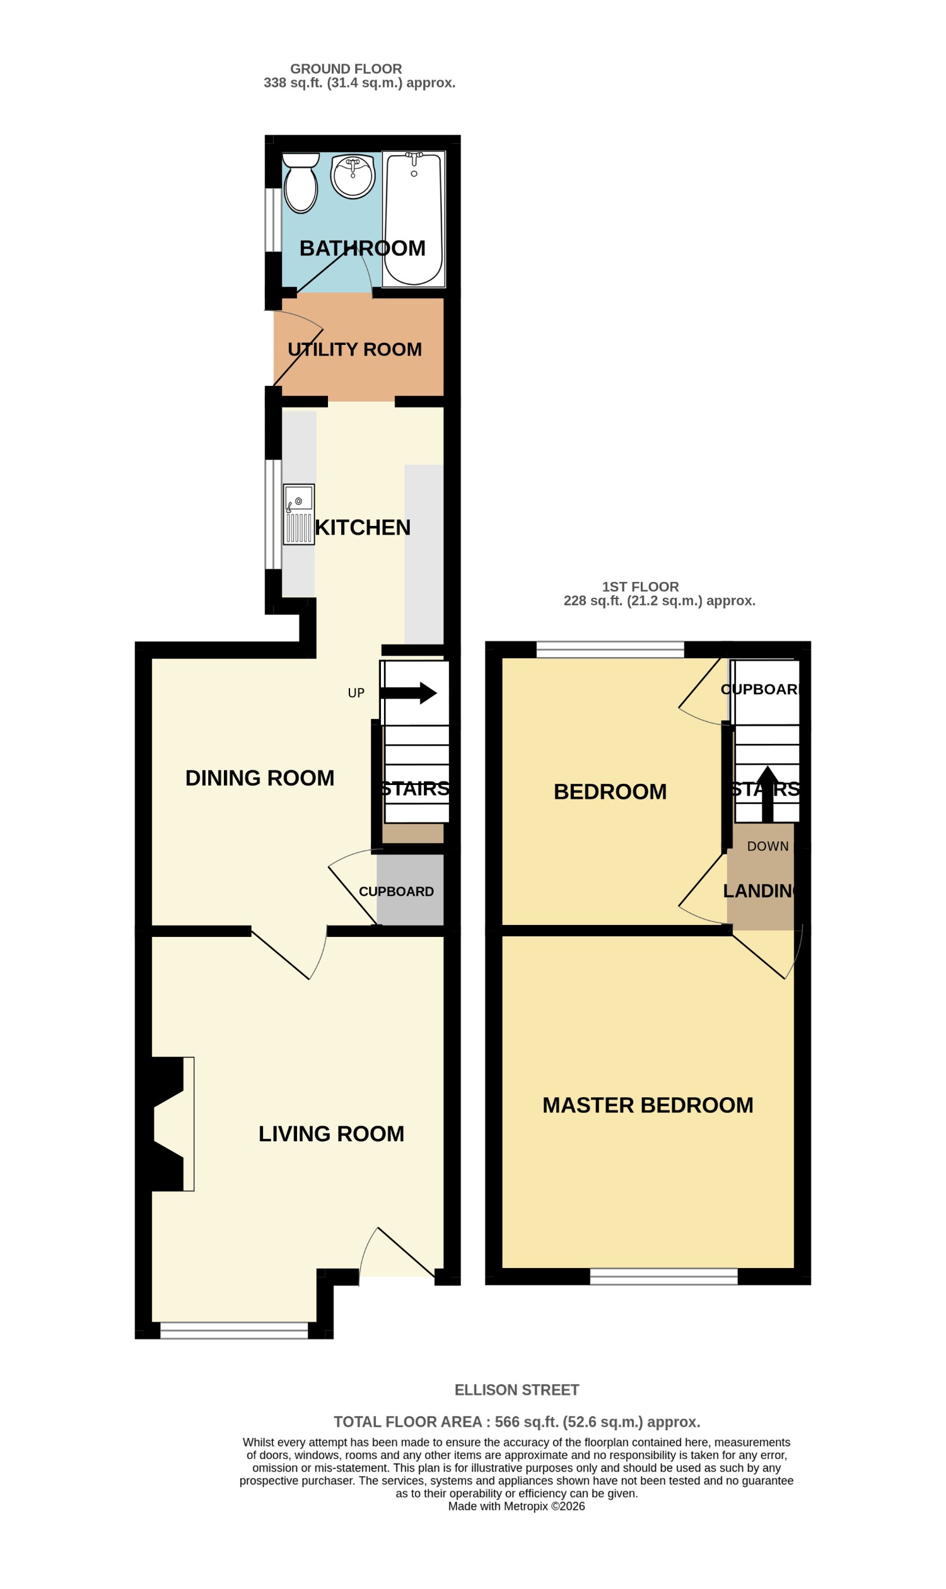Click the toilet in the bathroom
pyautogui.click(x=300, y=184)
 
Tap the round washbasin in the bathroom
pyautogui.click(x=353, y=177)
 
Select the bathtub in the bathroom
pyautogui.click(x=413, y=220)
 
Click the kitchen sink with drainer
pyautogui.click(x=298, y=515)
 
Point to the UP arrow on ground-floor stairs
pyautogui.click(x=409, y=693)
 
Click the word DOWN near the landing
pyautogui.click(x=768, y=846)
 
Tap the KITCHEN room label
pyautogui.click(x=362, y=528)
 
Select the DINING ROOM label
pyautogui.click(x=259, y=778)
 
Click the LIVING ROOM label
pyautogui.click(x=331, y=1134)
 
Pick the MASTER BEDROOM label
pyautogui.click(x=647, y=1105)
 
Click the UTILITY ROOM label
pyautogui.click(x=354, y=350)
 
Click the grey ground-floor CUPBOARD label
pyautogui.click(x=396, y=892)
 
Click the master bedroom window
pyautogui.click(x=663, y=1277)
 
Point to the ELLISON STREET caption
pyautogui.click(x=517, y=1390)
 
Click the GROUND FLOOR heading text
pyautogui.click(x=346, y=69)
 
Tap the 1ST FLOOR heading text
pyautogui.click(x=640, y=587)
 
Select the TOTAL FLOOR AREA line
pyautogui.click(x=517, y=1422)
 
